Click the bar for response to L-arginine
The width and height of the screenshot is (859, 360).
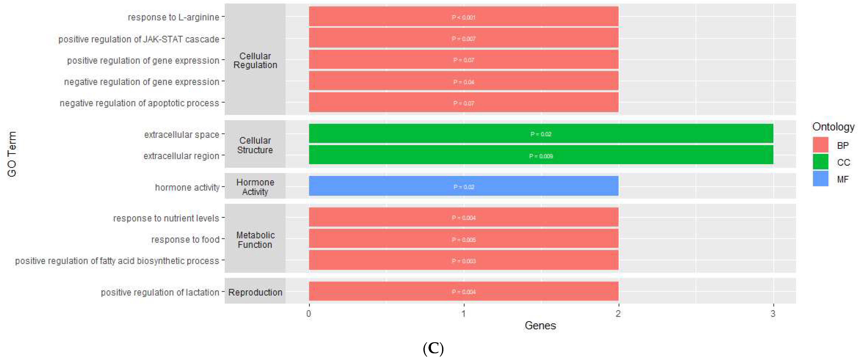(x=464, y=17)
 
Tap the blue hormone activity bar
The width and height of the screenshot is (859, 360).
(x=464, y=186)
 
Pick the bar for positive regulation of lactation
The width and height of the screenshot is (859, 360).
(x=464, y=291)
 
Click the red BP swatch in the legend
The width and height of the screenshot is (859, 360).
(x=820, y=145)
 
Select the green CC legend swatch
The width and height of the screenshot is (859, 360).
(x=820, y=162)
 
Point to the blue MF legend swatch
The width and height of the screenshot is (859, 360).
(x=820, y=179)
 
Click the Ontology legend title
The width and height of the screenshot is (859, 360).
(x=833, y=127)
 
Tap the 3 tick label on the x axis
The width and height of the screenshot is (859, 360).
(x=773, y=314)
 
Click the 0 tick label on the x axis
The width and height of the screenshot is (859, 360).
(x=309, y=314)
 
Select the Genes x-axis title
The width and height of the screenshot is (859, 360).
(x=540, y=326)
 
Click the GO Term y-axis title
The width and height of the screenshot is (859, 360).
(x=12, y=154)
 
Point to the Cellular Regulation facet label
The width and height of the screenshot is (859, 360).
(x=255, y=60)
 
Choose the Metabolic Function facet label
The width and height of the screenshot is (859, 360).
(x=255, y=239)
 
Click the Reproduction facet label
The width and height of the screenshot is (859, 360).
(x=255, y=292)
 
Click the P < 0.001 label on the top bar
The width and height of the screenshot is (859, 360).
(x=464, y=17)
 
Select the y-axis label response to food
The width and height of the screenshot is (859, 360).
(x=185, y=239)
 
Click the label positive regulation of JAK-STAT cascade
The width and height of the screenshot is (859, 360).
(x=139, y=39)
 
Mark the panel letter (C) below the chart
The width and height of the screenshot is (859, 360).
(x=433, y=349)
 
